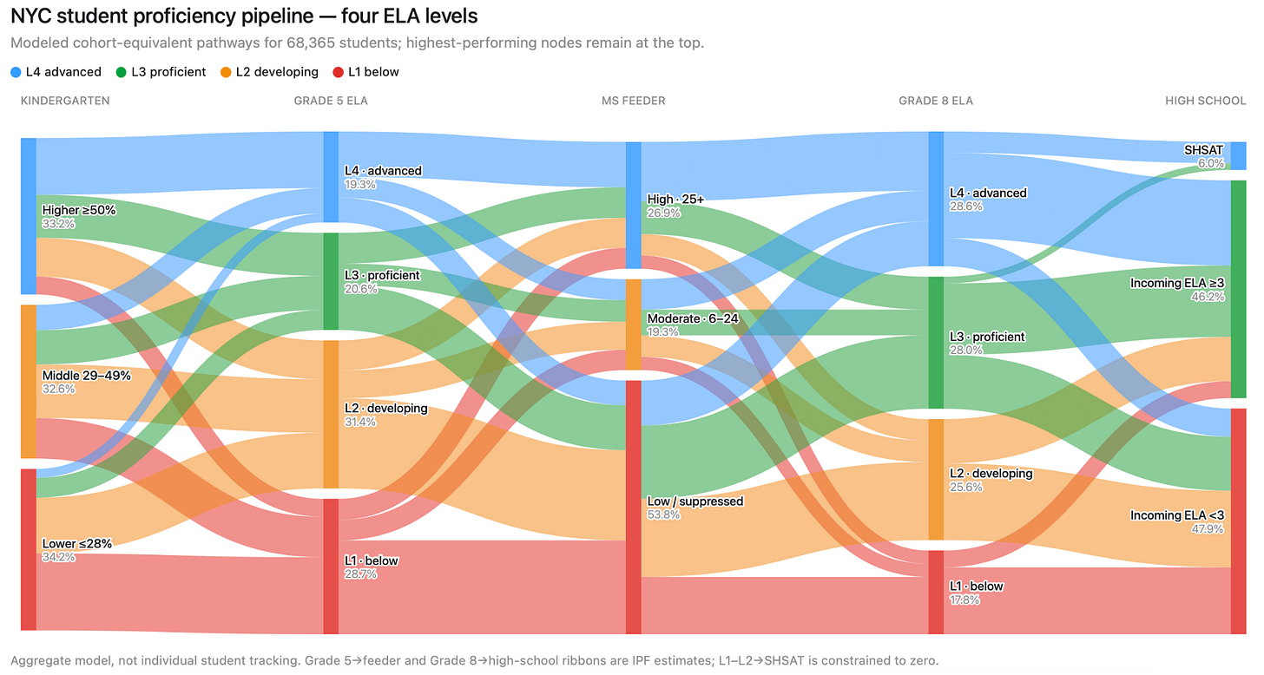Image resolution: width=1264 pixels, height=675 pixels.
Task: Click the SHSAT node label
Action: point(1203,150)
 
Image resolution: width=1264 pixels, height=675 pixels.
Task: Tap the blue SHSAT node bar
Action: point(1238,155)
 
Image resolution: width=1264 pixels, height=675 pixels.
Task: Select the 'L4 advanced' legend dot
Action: point(16,72)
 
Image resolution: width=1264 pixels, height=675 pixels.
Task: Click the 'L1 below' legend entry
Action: point(365,72)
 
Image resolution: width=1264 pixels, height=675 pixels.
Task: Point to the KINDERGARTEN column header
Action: point(65,101)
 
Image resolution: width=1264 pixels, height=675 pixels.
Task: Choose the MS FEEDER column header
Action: point(633,101)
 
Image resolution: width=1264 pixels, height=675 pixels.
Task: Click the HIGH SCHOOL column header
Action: point(1205,101)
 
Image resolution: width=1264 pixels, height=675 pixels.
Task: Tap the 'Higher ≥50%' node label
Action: point(79,210)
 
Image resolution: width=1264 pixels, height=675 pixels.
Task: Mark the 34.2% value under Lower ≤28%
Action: point(59,557)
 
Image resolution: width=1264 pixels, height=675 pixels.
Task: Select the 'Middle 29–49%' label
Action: point(86,375)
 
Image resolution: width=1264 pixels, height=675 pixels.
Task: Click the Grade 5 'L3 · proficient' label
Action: point(382,275)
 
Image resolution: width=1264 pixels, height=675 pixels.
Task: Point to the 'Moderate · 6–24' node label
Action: point(693,318)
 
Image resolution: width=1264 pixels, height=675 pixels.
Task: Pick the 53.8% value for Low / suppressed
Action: point(663,514)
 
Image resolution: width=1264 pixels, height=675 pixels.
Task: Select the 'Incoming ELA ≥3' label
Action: point(1177,283)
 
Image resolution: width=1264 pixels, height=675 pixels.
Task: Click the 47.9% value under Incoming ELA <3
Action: point(1208,529)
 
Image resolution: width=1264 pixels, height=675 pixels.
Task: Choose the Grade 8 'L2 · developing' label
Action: point(991,473)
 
